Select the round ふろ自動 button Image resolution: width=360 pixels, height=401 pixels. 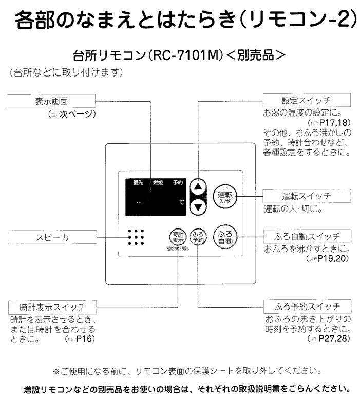[225, 236]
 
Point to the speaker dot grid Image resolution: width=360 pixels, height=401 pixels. [136, 237]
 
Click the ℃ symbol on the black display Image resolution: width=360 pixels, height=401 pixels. [181, 203]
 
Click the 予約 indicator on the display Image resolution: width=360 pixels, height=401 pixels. [178, 183]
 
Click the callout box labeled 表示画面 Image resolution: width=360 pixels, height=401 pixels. [51, 101]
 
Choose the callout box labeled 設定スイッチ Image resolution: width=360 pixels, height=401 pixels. [306, 100]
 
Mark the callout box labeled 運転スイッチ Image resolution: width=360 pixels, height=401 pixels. [306, 196]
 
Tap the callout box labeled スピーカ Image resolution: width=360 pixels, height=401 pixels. [51, 237]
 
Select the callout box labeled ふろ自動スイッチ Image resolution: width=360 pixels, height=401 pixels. [307, 237]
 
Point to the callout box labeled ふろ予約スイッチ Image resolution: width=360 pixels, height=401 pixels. [307, 308]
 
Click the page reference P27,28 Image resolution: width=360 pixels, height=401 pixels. [334, 339]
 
